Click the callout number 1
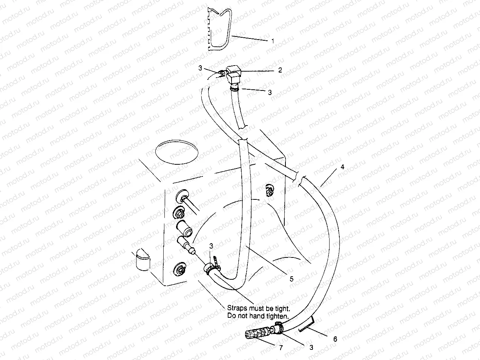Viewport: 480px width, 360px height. [x=273, y=41]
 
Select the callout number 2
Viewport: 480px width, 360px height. [x=280, y=70]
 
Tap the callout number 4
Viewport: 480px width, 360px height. [x=342, y=166]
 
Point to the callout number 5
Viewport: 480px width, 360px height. [x=291, y=279]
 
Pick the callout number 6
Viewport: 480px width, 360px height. [x=335, y=339]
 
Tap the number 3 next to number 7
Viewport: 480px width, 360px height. [x=311, y=347]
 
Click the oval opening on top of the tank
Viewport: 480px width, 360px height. [x=176, y=152]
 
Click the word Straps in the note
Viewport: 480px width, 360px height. [x=236, y=308]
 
